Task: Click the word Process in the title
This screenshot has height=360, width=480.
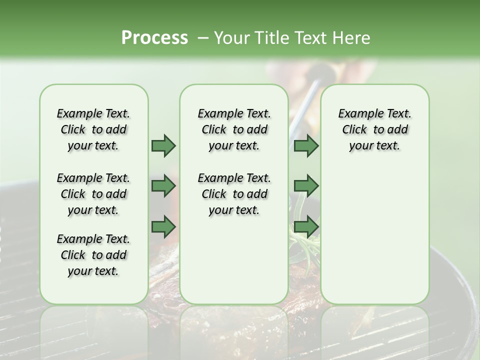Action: (x=154, y=37)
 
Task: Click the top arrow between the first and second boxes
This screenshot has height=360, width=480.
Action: (x=163, y=145)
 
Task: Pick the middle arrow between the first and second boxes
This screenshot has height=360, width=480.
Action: (x=163, y=186)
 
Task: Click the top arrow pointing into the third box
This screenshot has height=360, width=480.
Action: (x=306, y=145)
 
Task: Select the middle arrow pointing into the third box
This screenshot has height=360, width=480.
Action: (x=306, y=186)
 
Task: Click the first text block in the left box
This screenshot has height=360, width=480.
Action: (x=93, y=129)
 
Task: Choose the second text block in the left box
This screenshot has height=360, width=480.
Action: (x=93, y=194)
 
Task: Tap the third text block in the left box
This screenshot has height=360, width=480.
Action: (x=93, y=255)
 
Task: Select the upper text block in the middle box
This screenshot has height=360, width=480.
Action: (x=234, y=129)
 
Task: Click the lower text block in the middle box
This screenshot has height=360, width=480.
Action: (x=234, y=194)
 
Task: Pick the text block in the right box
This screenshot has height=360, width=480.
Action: (x=374, y=129)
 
